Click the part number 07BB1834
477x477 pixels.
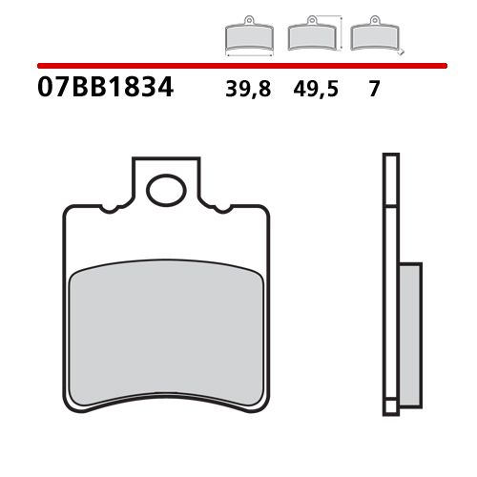click(105, 90)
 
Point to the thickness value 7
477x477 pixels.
click(374, 91)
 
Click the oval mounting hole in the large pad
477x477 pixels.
click(166, 190)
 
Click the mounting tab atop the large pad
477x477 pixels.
click(166, 176)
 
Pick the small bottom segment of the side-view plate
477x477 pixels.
click(389, 407)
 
